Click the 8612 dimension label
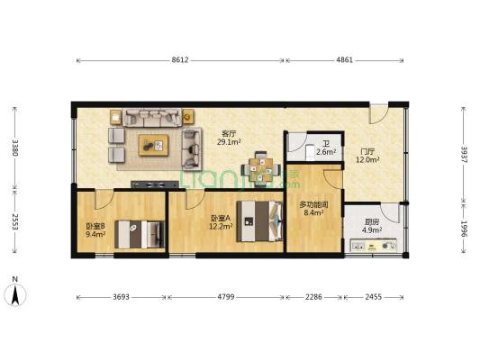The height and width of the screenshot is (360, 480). tap(180, 60)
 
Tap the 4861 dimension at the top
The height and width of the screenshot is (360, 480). tap(345, 60)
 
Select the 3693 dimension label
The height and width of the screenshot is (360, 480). tap(122, 297)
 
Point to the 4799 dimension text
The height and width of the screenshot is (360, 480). tap(226, 297)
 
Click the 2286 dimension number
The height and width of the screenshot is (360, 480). tap(313, 297)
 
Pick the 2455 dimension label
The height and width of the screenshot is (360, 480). tap(374, 297)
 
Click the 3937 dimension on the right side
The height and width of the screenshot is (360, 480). tap(465, 155)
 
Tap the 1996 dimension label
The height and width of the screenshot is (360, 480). tap(465, 229)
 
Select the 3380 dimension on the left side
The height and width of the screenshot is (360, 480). tap(15, 148)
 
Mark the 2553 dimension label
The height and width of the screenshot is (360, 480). tap(15, 221)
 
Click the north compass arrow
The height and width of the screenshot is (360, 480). tap(15, 294)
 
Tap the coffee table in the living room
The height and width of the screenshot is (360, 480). tap(153, 145)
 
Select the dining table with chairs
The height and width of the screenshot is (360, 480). tap(261, 168)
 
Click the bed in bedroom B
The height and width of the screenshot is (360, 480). tap(140, 234)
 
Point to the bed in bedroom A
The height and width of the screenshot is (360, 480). tap(259, 220)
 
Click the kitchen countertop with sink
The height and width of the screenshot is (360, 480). tap(374, 245)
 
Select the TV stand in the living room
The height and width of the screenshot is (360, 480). tap(155, 184)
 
